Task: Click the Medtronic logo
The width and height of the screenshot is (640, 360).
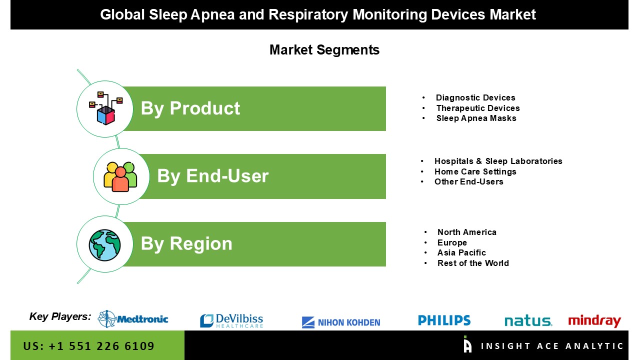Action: (x=133, y=319)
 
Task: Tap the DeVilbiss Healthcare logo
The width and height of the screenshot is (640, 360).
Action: (x=231, y=320)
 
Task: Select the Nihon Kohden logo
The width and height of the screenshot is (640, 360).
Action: (x=341, y=322)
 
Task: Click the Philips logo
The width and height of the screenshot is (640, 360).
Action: (x=444, y=320)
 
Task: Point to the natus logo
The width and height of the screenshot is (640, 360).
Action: (x=528, y=321)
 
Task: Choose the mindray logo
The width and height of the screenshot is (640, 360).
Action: (x=594, y=321)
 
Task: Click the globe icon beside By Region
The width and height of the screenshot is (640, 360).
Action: (x=104, y=245)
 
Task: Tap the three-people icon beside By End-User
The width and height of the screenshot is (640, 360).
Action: (x=120, y=176)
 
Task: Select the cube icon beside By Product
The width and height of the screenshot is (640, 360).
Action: (x=105, y=108)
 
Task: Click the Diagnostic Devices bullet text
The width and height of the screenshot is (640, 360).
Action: (x=475, y=97)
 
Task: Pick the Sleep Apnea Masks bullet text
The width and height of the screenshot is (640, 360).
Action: (x=476, y=118)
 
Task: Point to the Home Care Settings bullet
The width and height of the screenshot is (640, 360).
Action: (x=475, y=171)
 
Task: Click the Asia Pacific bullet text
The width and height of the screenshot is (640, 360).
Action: (x=461, y=252)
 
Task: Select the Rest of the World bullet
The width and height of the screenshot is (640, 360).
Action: (x=473, y=263)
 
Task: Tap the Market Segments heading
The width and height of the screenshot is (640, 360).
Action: (x=324, y=50)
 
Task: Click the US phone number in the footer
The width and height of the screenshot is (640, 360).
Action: (x=88, y=346)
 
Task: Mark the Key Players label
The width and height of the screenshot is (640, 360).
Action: (x=60, y=316)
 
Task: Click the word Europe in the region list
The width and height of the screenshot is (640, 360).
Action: (x=452, y=242)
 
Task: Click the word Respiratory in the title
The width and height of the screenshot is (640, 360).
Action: (x=308, y=14)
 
